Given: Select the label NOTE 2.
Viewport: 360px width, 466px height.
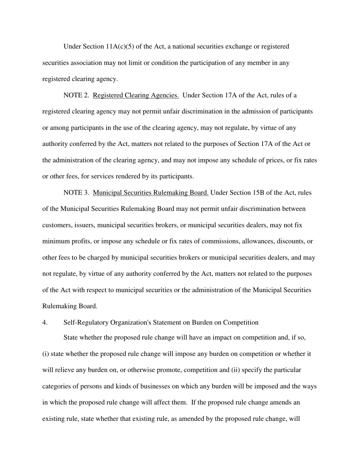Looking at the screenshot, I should [x=76, y=95].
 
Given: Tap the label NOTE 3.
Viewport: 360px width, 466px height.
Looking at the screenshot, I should [x=76, y=193].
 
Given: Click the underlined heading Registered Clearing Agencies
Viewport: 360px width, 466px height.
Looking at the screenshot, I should [x=136, y=95].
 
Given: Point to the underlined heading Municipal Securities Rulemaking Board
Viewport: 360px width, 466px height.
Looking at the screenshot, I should [x=150, y=193].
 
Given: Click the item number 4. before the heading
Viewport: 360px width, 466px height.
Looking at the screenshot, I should [x=45, y=322].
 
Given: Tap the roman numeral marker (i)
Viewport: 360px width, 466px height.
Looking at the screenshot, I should [x=45, y=354].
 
